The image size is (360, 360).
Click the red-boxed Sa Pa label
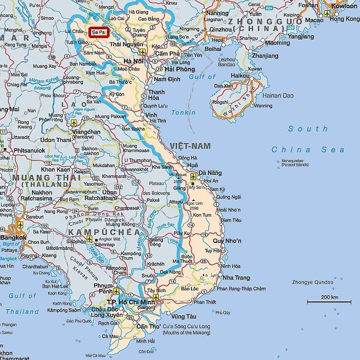pos(98,32)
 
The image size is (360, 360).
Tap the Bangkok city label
pos(13,237)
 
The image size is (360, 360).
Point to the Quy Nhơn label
pos(227,241)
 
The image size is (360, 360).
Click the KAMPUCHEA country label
pos(103,232)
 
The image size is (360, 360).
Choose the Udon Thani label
pos(56,140)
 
